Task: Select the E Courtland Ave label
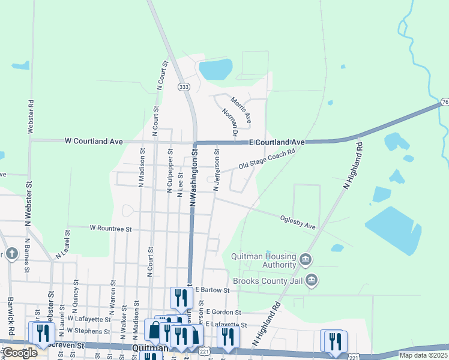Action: tap(277, 142)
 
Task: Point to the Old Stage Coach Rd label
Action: tap(267, 159)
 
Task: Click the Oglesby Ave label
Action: tap(298, 222)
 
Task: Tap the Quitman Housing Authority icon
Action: tap(306, 259)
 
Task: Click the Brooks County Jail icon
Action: tap(312, 280)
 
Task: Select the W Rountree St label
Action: tap(110, 229)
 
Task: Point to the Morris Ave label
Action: tap(241, 110)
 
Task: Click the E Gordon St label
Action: tap(223, 313)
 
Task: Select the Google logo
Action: tap(19, 353)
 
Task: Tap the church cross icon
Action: tap(11, 254)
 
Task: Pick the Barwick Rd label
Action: tap(11, 316)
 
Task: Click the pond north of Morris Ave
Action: tap(215, 70)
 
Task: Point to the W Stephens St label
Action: tap(89, 331)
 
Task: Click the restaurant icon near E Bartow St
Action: tap(180, 296)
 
